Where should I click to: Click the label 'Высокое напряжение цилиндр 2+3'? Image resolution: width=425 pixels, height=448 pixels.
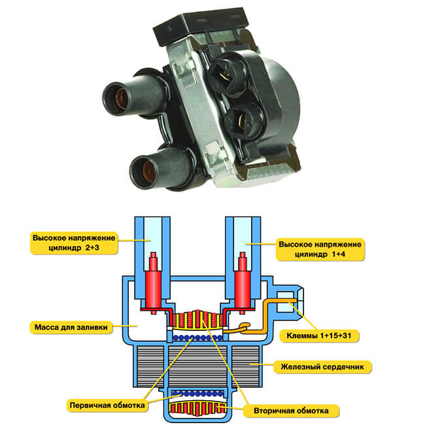pos(74,243)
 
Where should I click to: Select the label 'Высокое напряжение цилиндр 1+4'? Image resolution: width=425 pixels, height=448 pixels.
pos(320,249)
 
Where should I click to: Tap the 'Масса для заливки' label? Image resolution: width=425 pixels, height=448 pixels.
pos(71,327)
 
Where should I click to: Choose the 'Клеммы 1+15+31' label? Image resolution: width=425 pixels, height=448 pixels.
pos(319,336)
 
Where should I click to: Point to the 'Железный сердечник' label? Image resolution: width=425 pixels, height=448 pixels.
pos(322,367)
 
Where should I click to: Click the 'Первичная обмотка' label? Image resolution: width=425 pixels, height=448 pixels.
pos(107,405)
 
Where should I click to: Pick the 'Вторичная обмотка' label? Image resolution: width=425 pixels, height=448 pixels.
pos(292,411)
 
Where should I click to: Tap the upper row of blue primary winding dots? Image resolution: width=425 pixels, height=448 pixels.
pos(197,338)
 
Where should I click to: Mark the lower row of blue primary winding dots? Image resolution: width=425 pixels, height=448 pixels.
pos(197,394)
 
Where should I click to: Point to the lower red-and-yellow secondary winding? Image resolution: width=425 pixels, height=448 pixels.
pos(197,407)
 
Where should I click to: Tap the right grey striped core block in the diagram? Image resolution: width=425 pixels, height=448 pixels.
pos(245,366)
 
